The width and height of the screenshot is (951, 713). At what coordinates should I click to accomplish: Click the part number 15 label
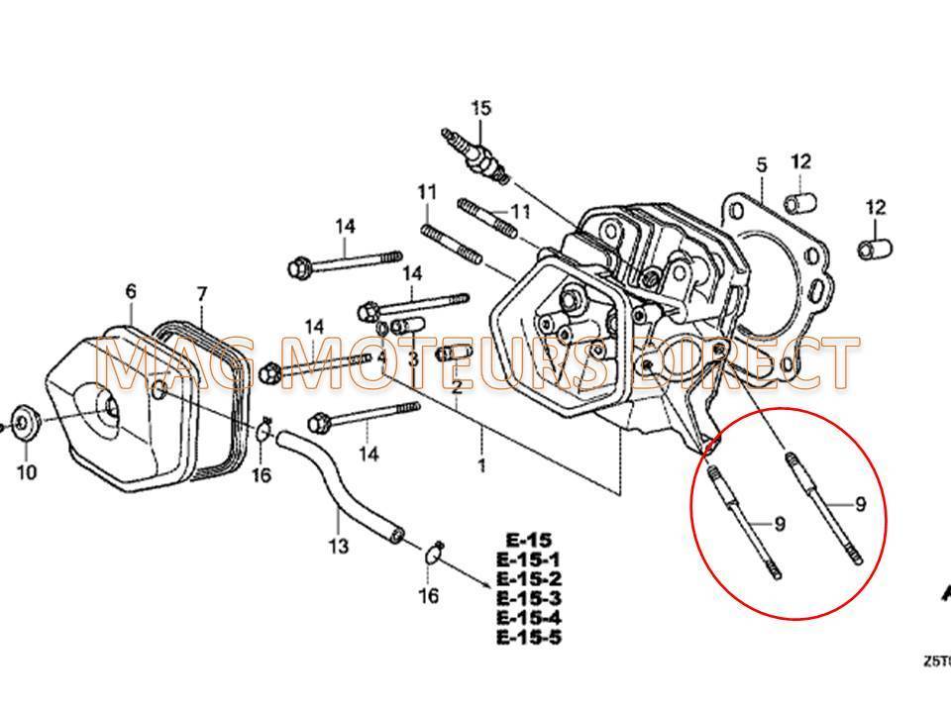pos(480,108)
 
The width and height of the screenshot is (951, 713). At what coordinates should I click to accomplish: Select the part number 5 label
pos(761,165)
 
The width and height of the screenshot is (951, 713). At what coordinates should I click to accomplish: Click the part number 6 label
pos(131,291)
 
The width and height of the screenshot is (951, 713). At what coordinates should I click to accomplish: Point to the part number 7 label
pos(201,294)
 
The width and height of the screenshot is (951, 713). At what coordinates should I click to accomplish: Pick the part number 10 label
pos(27,471)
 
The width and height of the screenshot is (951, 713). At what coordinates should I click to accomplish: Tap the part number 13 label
pos(339,546)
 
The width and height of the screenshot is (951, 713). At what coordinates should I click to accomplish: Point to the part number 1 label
pos(481,464)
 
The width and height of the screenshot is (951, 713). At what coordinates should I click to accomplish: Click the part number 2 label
pos(457,385)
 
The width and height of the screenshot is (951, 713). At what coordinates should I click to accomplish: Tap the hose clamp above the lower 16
pos(432,553)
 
